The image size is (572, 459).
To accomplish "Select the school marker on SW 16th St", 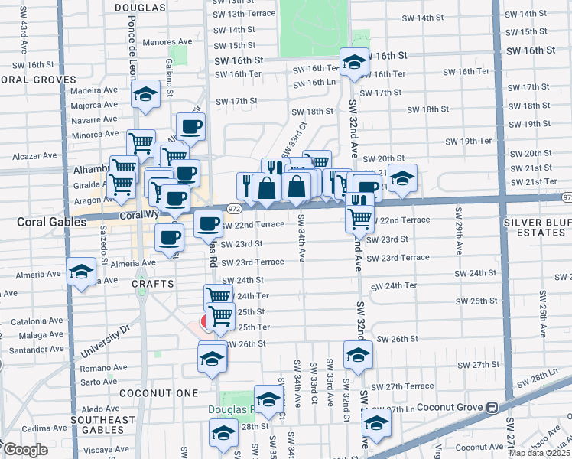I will click(354, 62).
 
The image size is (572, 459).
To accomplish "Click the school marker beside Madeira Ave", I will click(145, 95).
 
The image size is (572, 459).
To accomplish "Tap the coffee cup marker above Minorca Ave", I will click(190, 127).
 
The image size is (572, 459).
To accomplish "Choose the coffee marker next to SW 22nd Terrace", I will click(208, 224).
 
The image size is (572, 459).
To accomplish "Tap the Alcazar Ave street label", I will click(36, 155).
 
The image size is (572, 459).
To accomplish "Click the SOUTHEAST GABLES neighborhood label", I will click(102, 425).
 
